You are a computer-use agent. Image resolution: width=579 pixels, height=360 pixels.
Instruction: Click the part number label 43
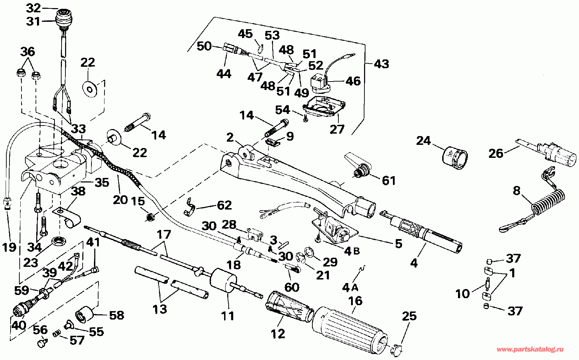(x=382, y=64)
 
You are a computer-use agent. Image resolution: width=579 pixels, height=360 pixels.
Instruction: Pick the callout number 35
(x=102, y=182)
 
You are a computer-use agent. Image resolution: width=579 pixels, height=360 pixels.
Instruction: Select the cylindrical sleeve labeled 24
(x=455, y=158)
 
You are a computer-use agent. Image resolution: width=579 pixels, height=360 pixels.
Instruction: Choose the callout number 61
(x=389, y=180)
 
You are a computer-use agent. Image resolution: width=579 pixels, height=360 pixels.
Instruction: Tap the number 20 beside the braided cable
(x=120, y=200)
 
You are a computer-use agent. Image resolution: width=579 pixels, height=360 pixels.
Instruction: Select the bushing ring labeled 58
(x=85, y=313)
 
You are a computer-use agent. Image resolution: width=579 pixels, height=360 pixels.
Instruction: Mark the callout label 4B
(x=352, y=251)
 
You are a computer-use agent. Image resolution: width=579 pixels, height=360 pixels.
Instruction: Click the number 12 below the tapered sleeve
(x=278, y=334)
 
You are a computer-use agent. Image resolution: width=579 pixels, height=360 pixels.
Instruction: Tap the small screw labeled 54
(x=305, y=118)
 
